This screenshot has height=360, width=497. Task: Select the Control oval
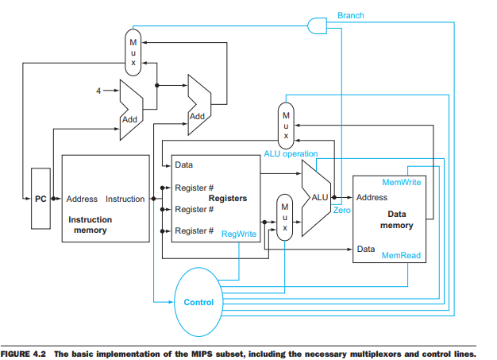198,302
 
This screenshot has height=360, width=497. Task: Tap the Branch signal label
350,15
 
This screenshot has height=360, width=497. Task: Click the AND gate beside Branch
317,25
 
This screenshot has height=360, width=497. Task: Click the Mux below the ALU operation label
286,123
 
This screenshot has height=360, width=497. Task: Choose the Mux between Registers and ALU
283,215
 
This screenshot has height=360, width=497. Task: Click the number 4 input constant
99,91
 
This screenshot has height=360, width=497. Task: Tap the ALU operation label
290,153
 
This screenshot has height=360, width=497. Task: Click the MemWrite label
401,183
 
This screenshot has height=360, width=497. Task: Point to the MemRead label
401,256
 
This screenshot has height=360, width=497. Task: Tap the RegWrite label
238,234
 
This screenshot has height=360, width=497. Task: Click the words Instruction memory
90,224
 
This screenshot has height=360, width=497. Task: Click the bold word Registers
227,198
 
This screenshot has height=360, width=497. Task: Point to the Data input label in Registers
183,165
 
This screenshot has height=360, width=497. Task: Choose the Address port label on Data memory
372,197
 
